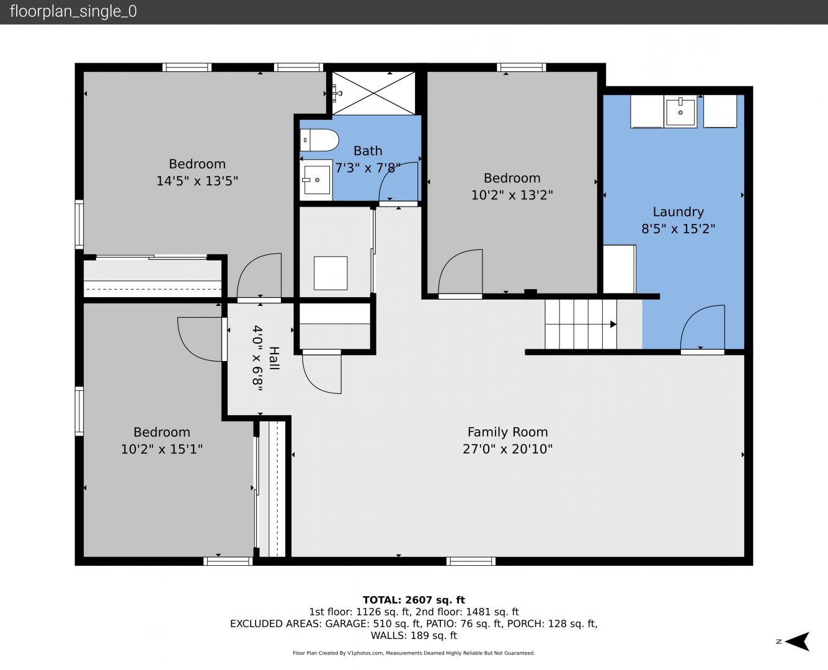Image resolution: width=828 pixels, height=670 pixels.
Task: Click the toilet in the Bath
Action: (319, 140)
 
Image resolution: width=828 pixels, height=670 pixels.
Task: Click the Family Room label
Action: (507, 432)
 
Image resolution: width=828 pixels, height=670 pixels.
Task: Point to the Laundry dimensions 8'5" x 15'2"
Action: (678, 229)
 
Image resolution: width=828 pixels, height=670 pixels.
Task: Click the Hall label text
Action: (274, 358)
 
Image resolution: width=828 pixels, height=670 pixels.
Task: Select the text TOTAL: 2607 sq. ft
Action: (414, 600)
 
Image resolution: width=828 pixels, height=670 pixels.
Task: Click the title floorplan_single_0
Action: (73, 12)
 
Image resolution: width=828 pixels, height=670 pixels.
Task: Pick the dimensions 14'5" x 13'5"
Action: (197, 181)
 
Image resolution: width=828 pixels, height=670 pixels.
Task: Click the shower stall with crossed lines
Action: (373, 93)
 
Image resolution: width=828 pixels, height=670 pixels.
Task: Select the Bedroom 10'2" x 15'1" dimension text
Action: (162, 449)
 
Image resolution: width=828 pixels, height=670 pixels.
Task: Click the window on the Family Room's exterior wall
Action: (471, 561)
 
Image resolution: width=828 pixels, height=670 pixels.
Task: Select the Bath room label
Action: (368, 151)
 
